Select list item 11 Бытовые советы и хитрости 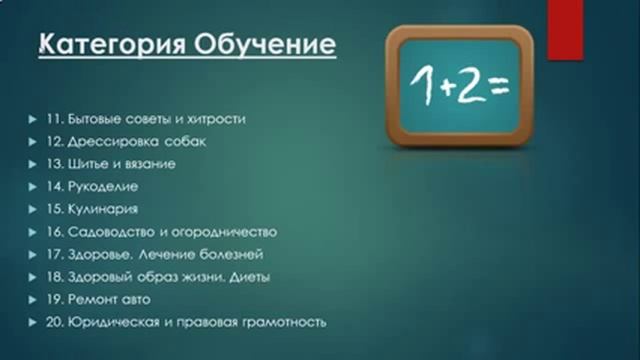coord(146,118)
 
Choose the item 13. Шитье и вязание coord(112,164)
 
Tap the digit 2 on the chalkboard coord(467,87)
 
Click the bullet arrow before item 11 coord(33,119)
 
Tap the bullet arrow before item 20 coord(33,323)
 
